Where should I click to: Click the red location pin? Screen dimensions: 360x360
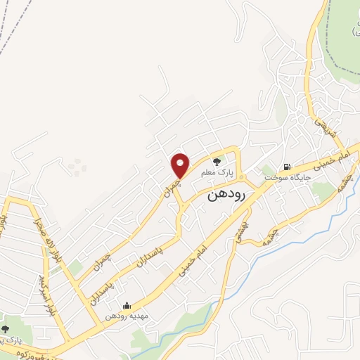click(181, 165)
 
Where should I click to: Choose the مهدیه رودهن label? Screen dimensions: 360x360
click(125, 316)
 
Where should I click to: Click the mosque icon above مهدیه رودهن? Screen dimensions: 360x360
click(126, 305)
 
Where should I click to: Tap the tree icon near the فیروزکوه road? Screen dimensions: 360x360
click(6, 329)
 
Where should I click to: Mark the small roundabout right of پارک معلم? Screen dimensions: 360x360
click(240, 176)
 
